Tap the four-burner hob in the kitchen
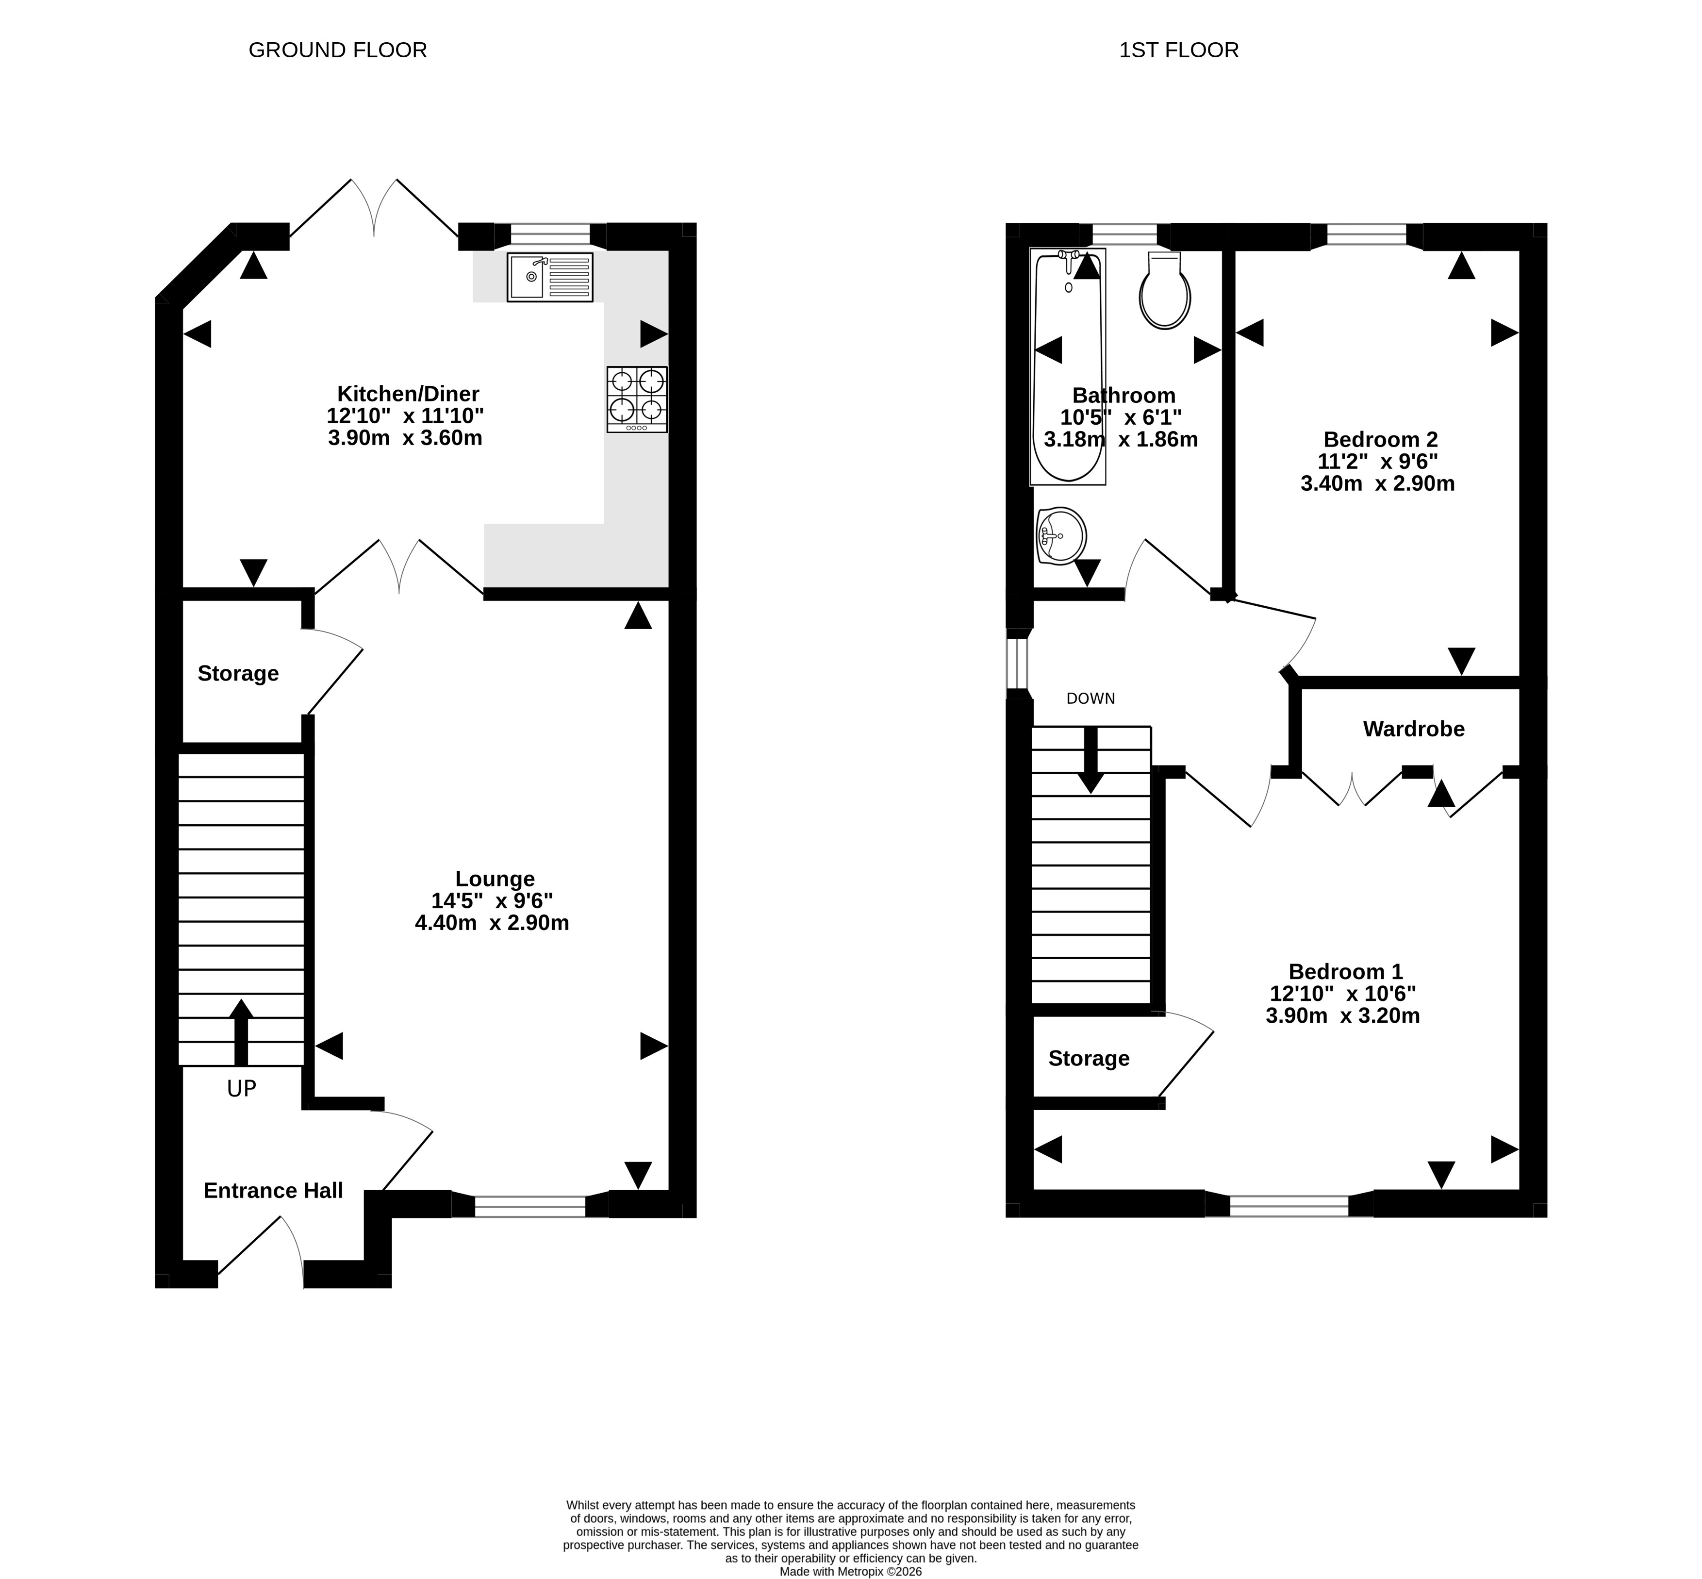click(637, 399)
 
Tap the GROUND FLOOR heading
click(337, 50)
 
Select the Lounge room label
click(495, 879)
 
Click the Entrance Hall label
click(273, 1190)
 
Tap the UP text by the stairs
click(242, 1089)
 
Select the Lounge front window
click(530, 1206)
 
